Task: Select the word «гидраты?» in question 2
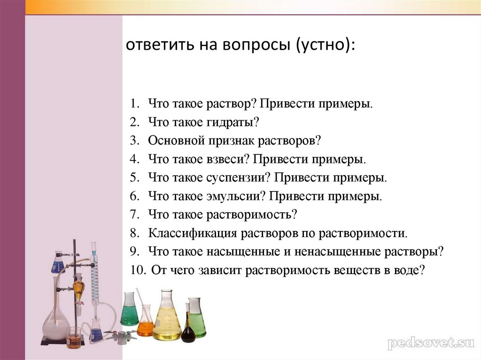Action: click(233, 122)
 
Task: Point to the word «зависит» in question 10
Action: click(223, 270)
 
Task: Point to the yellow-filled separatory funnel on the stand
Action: click(78, 287)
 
